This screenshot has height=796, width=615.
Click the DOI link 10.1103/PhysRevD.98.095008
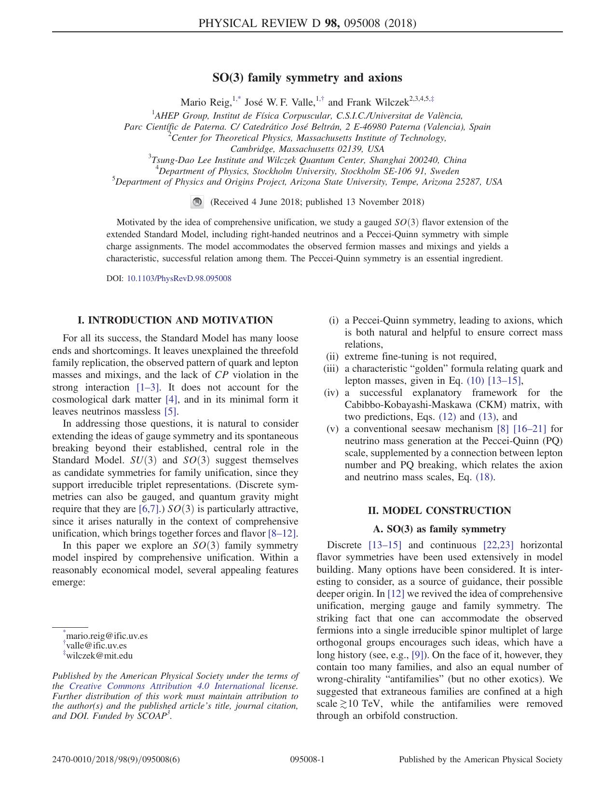tap(178, 279)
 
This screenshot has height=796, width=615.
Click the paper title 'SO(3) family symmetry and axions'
tap(307, 78)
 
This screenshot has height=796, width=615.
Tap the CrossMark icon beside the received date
tap(197, 202)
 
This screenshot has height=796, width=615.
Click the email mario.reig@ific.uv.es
tap(107, 636)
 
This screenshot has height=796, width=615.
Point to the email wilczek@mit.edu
tap(99, 656)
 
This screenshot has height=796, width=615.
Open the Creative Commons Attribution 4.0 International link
tap(167, 686)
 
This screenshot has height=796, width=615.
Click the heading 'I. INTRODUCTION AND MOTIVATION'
tap(175, 321)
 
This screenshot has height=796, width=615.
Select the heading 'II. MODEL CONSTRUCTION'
tap(439, 511)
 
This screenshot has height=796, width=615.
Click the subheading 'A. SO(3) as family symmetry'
tap(439, 529)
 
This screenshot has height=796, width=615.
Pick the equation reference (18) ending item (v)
tap(485, 477)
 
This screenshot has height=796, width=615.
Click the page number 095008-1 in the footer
tap(307, 760)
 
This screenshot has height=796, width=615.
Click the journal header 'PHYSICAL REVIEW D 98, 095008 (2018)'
tap(307, 23)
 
